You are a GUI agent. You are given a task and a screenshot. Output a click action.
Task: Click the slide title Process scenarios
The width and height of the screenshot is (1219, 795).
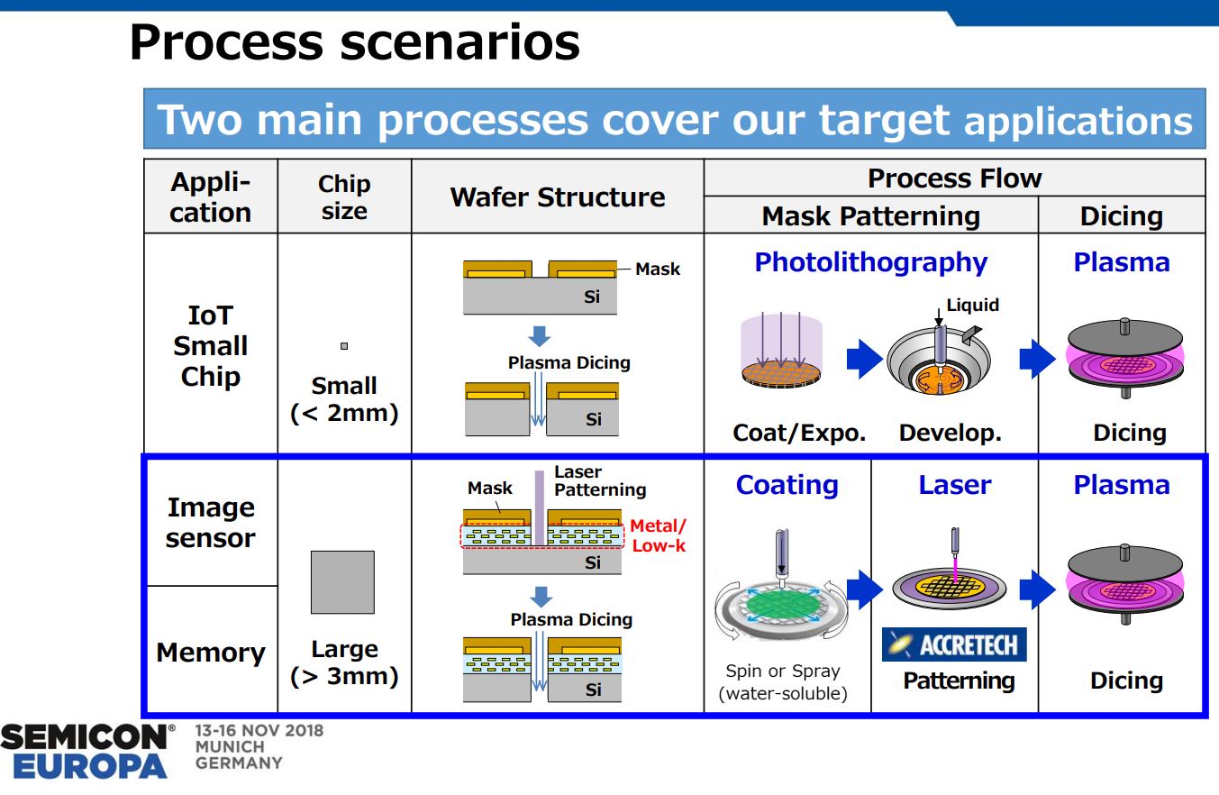tap(354, 42)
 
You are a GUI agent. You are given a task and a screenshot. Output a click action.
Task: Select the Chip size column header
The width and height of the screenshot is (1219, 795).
tap(344, 197)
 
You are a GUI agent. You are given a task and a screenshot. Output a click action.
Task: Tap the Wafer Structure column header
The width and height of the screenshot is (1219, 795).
tap(557, 197)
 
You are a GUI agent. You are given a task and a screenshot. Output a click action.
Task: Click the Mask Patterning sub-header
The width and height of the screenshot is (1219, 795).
tap(870, 216)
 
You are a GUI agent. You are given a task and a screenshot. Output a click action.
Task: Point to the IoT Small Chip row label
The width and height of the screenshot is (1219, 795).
tap(210, 346)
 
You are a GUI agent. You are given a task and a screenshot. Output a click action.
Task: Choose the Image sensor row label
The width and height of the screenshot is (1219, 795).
tap(210, 523)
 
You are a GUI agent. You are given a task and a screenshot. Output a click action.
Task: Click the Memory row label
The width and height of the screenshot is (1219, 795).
tap(210, 653)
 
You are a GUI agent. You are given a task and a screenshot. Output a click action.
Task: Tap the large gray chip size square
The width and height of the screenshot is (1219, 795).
tap(342, 582)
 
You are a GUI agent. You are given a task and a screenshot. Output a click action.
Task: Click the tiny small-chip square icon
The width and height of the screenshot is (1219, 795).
tap(343, 346)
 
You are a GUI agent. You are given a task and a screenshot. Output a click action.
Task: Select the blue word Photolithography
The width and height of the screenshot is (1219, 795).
tap(870, 262)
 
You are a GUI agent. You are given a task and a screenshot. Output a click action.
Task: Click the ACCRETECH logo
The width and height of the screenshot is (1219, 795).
tap(954, 644)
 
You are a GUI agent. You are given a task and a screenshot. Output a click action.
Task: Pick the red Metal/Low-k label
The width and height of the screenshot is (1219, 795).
tap(658, 535)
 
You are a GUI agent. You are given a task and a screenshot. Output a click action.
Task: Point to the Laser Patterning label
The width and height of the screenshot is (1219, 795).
tap(599, 481)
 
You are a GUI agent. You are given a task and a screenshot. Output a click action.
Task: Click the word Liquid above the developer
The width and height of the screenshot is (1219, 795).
tap(972, 305)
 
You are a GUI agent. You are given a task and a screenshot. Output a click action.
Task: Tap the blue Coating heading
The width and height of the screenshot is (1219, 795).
tap(787, 485)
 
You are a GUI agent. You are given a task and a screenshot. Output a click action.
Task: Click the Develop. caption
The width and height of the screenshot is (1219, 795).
tap(950, 433)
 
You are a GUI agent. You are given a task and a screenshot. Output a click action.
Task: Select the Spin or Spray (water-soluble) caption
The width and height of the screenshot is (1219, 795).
tap(782, 682)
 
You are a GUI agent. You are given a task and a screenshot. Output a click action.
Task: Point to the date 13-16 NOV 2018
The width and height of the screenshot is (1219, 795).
tap(259, 730)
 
